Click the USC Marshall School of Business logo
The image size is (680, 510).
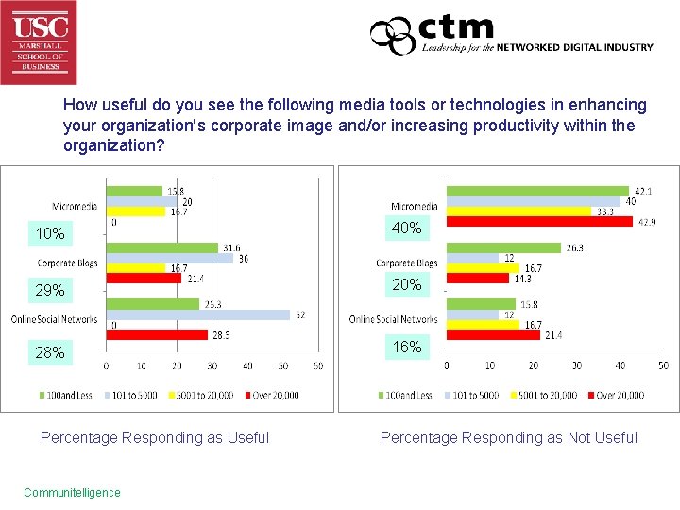[x=39, y=42]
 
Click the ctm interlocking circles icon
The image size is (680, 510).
[x=392, y=36]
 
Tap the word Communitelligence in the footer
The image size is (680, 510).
[x=72, y=492]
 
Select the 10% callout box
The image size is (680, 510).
[x=50, y=233]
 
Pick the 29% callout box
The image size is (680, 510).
[x=50, y=290]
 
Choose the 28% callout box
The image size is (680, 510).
[x=50, y=352]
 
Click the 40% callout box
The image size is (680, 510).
[x=407, y=228]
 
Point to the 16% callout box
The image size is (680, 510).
[x=407, y=347]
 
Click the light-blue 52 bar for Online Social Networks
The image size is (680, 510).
[x=197, y=315]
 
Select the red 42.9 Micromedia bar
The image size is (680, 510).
[x=539, y=222]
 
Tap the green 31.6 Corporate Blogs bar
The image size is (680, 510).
[x=161, y=247]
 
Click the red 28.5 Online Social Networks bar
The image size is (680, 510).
[x=156, y=334]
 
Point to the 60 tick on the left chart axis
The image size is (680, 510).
[x=320, y=365]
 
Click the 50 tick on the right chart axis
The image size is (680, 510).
[x=663, y=365]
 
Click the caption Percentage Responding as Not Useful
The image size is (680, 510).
[x=508, y=437]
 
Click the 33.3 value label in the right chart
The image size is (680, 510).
[x=603, y=212]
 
